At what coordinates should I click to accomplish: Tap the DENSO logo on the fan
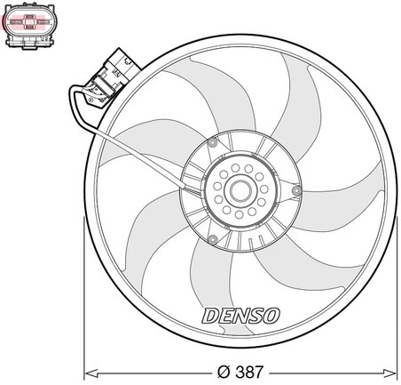click(x=242, y=315)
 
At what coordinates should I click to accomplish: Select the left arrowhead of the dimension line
click(x=89, y=368)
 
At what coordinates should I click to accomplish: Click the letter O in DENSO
click(x=272, y=315)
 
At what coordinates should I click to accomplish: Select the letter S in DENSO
click(x=256, y=315)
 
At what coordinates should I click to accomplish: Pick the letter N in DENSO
click(x=240, y=315)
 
